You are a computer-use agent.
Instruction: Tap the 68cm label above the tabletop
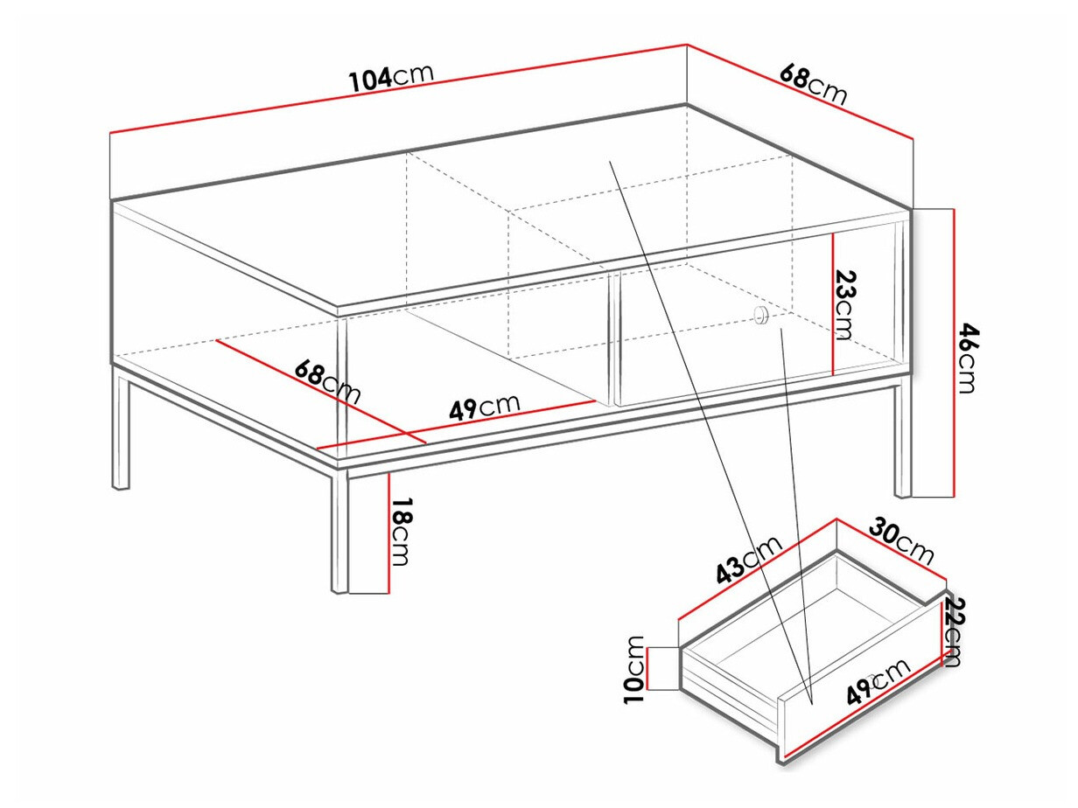813,85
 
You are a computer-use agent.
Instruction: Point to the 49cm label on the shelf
484,407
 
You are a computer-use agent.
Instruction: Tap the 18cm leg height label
400,532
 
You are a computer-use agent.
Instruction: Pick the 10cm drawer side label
636,669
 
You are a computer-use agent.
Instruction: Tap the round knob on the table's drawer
760,317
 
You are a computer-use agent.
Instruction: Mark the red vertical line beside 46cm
952,352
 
